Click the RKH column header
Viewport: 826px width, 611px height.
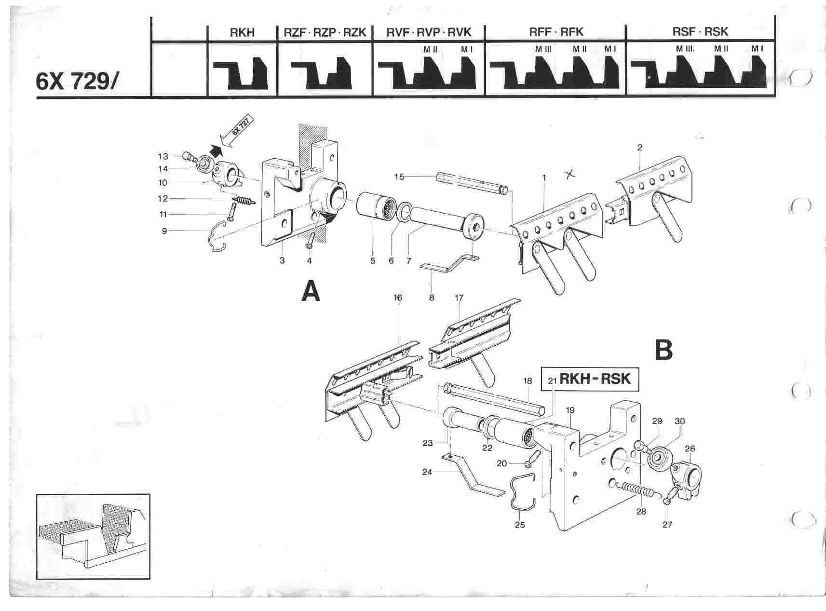click(242, 32)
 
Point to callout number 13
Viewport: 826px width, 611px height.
click(162, 156)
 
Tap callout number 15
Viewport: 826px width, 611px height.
click(399, 177)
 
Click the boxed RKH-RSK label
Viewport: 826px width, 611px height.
click(591, 379)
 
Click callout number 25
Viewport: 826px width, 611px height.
click(520, 525)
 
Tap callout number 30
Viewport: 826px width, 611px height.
click(679, 421)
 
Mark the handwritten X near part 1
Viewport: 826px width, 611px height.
click(570, 175)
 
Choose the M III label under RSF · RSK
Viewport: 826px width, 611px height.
click(684, 49)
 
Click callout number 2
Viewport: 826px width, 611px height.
click(639, 148)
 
